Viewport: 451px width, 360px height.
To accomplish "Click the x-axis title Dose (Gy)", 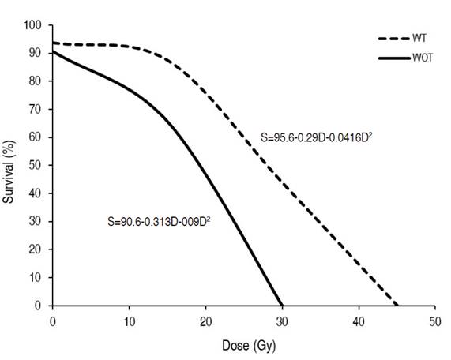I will click(x=244, y=345).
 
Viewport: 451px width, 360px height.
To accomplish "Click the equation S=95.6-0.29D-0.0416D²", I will click(x=317, y=137).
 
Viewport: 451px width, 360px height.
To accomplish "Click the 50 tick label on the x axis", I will click(x=434, y=322).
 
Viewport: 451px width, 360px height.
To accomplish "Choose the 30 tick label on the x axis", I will click(x=282, y=322).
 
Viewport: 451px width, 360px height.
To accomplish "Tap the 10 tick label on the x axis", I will click(x=129, y=322).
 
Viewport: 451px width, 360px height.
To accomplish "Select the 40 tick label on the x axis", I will click(x=359, y=322).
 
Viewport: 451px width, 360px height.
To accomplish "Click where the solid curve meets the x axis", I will click(x=282, y=306).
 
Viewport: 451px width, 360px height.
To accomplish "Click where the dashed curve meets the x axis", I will click(x=397, y=306).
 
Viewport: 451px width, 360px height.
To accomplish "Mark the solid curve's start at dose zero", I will click(x=53, y=52).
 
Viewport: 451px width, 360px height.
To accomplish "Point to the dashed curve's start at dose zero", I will click(x=53, y=43).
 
